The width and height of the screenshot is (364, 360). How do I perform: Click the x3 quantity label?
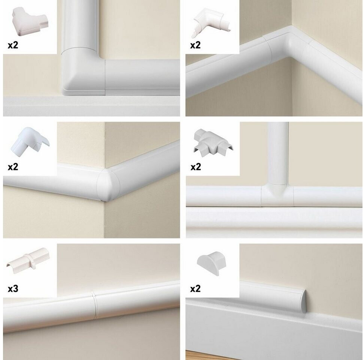coord(13,289)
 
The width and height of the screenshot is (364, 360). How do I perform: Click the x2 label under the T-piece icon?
coord(196,167)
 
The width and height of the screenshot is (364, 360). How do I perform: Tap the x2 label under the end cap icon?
coord(195,288)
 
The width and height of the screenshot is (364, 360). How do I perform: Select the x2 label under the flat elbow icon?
coord(13,45)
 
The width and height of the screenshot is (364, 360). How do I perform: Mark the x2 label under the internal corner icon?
coord(195,45)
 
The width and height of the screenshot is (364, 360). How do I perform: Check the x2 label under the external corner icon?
coord(13,166)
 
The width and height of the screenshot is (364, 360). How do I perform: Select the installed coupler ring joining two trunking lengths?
coord(94,305)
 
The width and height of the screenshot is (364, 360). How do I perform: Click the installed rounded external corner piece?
coord(108,185)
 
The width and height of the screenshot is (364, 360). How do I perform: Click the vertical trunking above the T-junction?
coord(277,153)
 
